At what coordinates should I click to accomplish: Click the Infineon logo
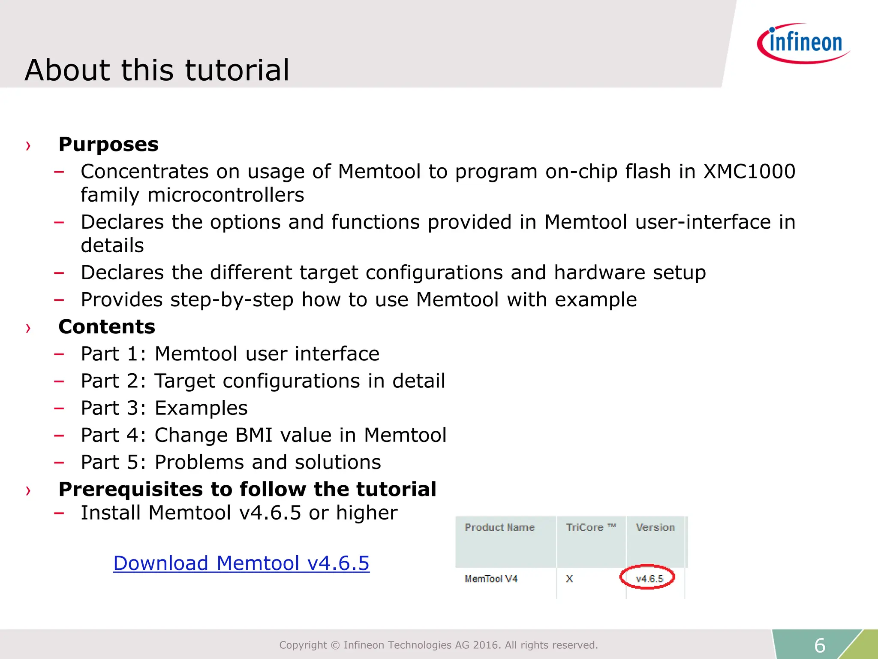pos(804,43)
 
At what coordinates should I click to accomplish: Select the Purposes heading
pos(108,144)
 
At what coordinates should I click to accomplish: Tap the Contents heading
pos(107,326)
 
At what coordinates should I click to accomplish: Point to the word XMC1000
pos(749,172)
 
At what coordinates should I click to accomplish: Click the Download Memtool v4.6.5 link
pos(241,563)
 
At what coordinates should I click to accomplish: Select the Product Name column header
pos(499,527)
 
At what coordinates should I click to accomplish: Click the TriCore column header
pos(590,527)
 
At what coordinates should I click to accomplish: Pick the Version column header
pos(655,527)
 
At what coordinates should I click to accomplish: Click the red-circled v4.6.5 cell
pos(649,578)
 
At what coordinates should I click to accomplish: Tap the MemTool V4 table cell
pos(491,579)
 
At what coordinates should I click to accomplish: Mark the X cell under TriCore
pos(569,579)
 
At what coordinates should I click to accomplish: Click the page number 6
pos(820,645)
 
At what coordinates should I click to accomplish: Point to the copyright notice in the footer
pos(438,645)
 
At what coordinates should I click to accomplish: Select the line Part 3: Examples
pos(164,408)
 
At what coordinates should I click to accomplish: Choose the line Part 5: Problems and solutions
pos(231,462)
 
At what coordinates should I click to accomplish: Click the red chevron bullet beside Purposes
pos(28,146)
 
